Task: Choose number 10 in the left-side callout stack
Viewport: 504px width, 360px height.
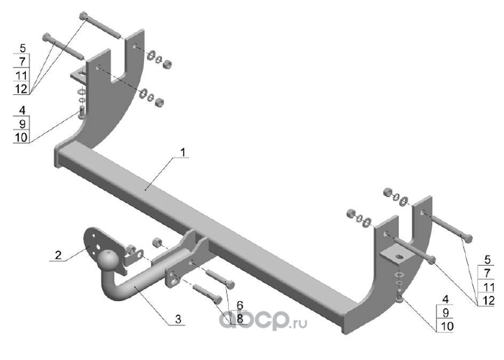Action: (x=21, y=135)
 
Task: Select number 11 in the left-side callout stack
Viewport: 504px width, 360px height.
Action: (x=22, y=76)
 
